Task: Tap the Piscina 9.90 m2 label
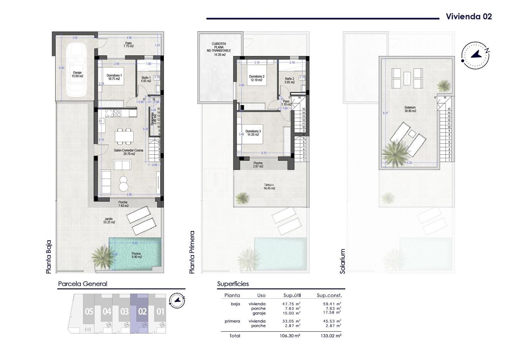136,255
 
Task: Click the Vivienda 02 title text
469,16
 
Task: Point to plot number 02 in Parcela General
142,311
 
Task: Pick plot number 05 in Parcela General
89,311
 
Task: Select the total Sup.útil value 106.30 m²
290,336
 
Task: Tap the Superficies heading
233,284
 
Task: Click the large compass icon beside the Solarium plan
475,54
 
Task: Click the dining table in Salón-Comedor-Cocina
124,136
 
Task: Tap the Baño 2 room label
289,81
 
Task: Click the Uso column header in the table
261,296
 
